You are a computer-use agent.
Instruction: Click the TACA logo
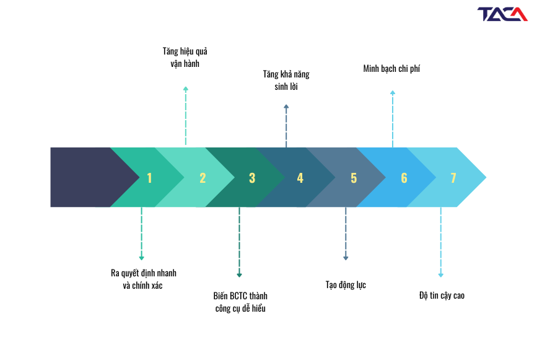502,14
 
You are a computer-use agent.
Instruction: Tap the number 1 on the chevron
149,178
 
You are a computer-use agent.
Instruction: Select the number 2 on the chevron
203,178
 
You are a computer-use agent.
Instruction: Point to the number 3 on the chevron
252,178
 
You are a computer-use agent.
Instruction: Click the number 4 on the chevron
300,178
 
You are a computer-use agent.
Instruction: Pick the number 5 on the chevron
354,178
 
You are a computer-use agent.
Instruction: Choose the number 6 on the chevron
404,178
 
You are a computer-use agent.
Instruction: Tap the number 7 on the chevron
453,178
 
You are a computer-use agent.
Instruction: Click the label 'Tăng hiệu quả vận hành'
185,58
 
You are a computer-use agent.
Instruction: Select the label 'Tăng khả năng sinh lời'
286,81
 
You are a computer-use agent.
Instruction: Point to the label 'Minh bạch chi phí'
391,69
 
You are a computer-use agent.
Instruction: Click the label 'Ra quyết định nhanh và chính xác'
143,279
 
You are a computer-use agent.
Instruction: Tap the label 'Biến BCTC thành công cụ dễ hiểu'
240,302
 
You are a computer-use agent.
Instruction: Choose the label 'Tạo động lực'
346,285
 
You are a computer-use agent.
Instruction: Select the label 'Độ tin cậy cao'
442,296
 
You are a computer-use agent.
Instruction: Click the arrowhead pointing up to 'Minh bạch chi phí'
393,92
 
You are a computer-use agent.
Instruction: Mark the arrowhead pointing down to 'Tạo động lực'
346,258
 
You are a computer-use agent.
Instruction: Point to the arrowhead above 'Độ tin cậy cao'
441,275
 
